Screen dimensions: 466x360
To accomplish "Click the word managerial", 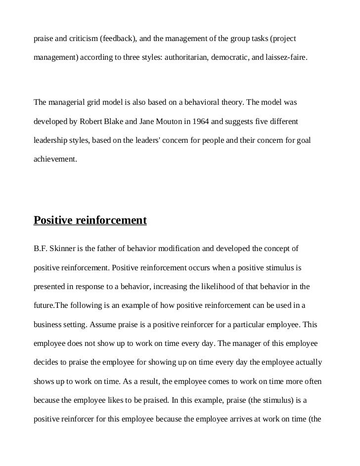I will tap(68, 103).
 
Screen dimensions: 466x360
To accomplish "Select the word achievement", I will tap(55, 160).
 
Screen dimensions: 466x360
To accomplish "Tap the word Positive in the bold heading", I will tap(53, 220).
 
